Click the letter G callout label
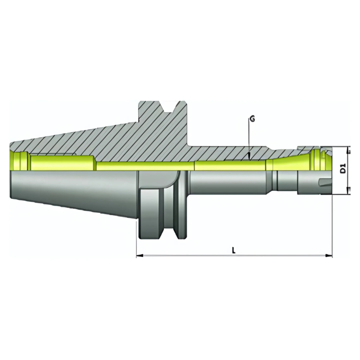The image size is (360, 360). (252, 119)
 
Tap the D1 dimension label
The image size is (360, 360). (343, 170)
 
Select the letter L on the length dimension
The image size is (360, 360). (233, 250)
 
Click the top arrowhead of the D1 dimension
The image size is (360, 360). (349, 149)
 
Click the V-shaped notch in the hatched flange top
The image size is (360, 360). (171, 107)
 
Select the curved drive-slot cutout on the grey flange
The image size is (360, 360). (173, 180)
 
